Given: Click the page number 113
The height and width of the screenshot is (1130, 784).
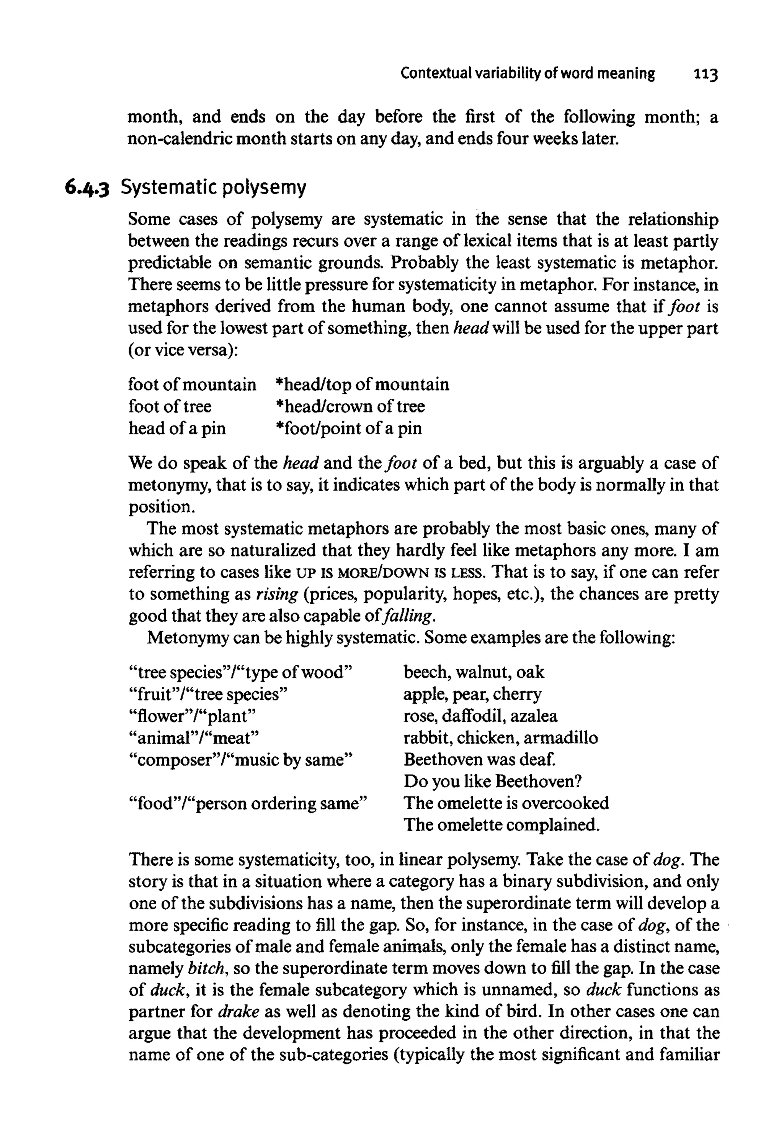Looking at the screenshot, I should point(706,75).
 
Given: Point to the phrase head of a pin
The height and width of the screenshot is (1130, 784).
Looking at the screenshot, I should point(177,428).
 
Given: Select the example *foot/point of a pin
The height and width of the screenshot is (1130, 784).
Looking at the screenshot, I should point(349,428).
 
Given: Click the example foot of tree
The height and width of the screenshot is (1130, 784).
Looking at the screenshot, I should point(170,406).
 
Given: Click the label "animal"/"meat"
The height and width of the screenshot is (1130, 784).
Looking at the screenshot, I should point(193,738).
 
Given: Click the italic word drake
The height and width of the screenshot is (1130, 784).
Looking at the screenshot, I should point(238,1012).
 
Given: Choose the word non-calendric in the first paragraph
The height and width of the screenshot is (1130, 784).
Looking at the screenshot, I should point(180,139).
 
